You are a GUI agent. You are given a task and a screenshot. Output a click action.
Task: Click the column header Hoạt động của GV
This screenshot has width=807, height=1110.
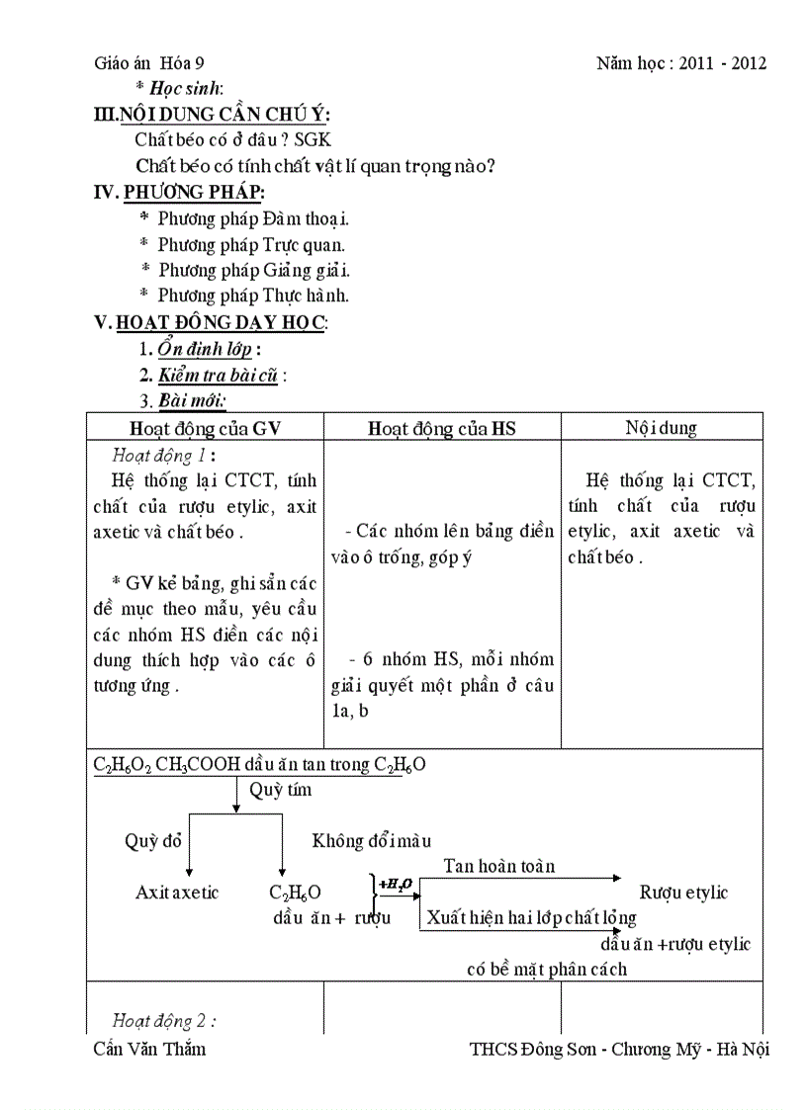pyautogui.click(x=205, y=428)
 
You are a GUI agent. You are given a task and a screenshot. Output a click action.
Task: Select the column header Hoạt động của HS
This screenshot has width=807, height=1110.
pyautogui.click(x=442, y=428)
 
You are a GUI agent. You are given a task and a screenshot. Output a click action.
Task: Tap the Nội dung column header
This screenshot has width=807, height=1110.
pyautogui.click(x=661, y=428)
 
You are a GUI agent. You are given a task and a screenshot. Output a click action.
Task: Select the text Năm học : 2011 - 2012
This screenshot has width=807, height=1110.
pyautogui.click(x=681, y=63)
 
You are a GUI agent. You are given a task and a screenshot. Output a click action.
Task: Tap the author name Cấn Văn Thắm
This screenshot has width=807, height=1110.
pyautogui.click(x=149, y=1049)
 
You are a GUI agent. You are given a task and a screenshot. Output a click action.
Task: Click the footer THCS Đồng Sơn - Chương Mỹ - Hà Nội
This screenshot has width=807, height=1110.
pyautogui.click(x=619, y=1049)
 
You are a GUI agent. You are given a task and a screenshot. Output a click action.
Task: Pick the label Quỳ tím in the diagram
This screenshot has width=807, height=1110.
pyautogui.click(x=280, y=790)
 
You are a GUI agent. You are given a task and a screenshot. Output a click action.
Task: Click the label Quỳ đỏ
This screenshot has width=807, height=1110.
pyautogui.click(x=153, y=841)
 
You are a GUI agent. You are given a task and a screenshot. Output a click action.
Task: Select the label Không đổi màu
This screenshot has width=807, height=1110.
pyautogui.click(x=372, y=841)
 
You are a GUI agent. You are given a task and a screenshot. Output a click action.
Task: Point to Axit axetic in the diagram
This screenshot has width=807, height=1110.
pyautogui.click(x=177, y=893)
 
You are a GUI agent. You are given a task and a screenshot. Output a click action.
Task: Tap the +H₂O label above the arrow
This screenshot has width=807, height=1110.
pyautogui.click(x=396, y=883)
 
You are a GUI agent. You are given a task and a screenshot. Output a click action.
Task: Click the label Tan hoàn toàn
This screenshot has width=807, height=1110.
pyautogui.click(x=498, y=866)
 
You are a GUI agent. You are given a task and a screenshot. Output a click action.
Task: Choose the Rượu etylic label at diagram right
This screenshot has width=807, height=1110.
pyautogui.click(x=683, y=893)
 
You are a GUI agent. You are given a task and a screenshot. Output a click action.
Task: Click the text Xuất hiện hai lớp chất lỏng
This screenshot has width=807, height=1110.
pyautogui.click(x=531, y=918)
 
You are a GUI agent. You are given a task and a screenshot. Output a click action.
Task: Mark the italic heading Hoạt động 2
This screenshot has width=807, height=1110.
pyautogui.click(x=164, y=1021)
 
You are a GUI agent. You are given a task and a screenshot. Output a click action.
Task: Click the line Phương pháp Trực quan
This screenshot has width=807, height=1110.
pyautogui.click(x=251, y=244)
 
